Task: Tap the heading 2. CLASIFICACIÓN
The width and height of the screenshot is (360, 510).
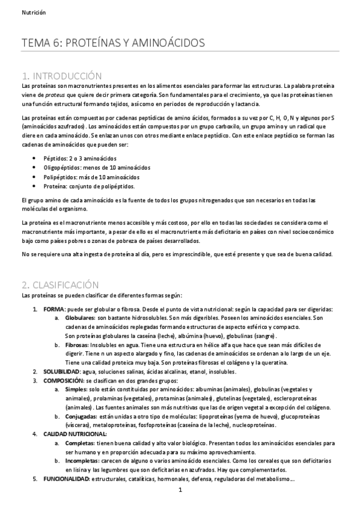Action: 60,284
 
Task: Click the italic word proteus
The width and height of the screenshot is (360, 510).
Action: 56,96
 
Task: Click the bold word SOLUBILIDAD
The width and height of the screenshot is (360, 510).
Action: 60,372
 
